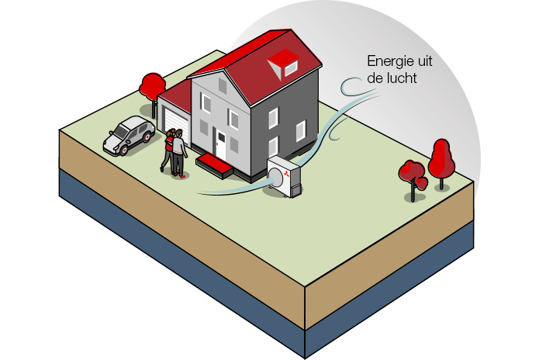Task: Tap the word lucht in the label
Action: click(x=400, y=78)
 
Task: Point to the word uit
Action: click(x=425, y=61)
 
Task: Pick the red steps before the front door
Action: click(x=215, y=165)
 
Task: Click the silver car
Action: click(x=130, y=135)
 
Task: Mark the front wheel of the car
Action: click(x=123, y=150)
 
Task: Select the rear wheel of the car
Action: click(x=147, y=137)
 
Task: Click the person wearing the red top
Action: click(x=168, y=149)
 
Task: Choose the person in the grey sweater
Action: click(x=178, y=153)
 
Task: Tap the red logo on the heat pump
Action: click(x=286, y=174)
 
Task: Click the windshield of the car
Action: click(x=121, y=131)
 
